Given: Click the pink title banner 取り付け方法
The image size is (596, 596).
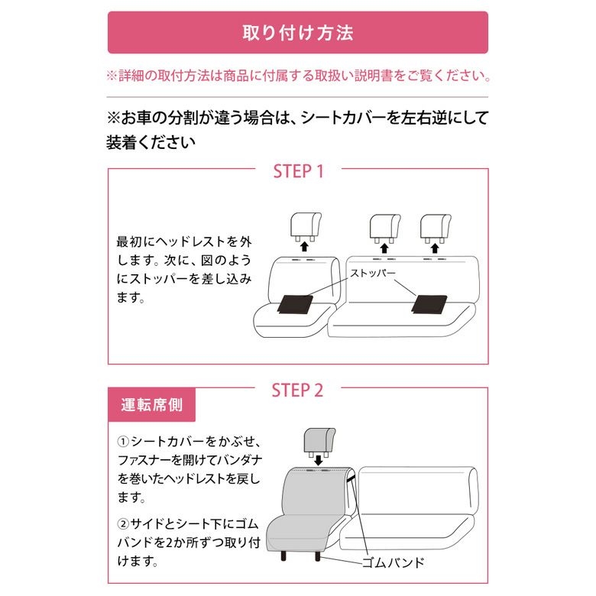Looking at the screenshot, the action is [x=298, y=32].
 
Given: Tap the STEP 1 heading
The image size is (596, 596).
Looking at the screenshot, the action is [x=298, y=171].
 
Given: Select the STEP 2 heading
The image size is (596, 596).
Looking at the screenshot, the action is [x=297, y=390].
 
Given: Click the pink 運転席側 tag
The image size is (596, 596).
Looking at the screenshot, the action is [x=151, y=405].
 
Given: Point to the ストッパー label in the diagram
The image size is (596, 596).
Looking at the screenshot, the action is [x=373, y=273].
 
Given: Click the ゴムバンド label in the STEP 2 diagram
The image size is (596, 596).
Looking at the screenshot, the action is [x=393, y=562].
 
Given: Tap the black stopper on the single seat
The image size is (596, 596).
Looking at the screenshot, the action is [x=296, y=304].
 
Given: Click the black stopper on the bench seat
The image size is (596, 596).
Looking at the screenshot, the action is [x=429, y=304].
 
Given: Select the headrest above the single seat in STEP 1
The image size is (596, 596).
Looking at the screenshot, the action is [x=306, y=227].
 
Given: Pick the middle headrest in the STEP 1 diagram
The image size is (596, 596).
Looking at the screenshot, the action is [x=384, y=228].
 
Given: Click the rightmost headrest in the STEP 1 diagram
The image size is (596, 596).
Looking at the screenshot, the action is [x=436, y=228].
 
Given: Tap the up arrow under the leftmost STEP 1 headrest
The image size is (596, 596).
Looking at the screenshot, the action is [x=304, y=247].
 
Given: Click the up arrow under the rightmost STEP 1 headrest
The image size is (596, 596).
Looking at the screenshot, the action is [x=435, y=248].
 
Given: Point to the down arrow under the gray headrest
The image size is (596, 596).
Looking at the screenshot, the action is [x=319, y=460].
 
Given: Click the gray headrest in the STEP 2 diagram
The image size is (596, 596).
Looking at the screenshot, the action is [x=319, y=442].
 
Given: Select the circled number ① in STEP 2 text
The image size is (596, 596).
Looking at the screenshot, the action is [x=123, y=442].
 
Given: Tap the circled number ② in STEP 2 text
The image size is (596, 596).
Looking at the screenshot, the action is [x=123, y=524].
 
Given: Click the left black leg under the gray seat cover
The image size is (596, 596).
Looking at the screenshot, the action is [x=284, y=556].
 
